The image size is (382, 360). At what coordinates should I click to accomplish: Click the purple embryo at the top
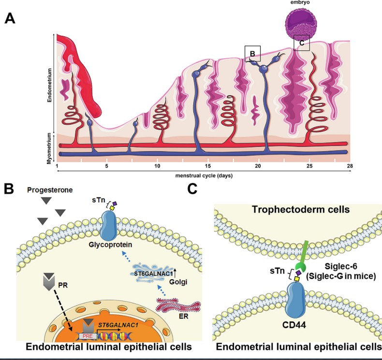(300, 22)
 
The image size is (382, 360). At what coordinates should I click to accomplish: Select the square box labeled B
(252, 53)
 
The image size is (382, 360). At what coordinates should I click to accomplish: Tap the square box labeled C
(302, 43)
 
